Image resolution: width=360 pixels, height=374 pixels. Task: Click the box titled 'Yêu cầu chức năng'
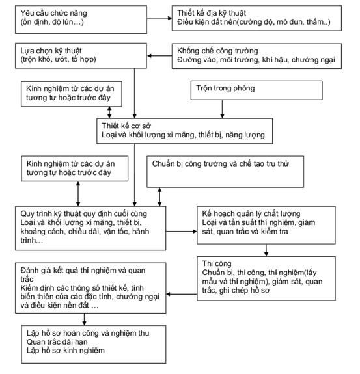[81, 20]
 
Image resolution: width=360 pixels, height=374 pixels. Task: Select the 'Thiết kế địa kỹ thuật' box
[256, 18]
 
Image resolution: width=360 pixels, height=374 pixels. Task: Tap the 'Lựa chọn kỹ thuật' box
[81, 56]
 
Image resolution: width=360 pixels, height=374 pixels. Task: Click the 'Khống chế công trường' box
[256, 56]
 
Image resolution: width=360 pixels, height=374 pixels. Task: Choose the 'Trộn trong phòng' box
[256, 90]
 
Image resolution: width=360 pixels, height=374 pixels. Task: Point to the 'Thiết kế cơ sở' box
[184, 131]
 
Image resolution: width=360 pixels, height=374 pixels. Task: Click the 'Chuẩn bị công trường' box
[225, 172]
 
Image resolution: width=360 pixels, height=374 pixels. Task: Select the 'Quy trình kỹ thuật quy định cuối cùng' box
[90, 228]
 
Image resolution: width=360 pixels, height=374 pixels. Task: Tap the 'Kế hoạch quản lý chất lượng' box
[266, 225]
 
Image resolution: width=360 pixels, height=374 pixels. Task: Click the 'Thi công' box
[266, 278]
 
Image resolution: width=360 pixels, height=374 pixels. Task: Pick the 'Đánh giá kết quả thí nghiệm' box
[90, 288]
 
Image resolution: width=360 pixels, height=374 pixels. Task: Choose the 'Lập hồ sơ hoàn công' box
[94, 345]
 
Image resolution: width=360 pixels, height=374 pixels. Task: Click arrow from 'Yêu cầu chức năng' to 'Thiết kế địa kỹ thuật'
[159, 18]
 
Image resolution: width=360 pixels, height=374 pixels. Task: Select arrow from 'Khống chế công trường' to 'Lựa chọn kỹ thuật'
[159, 56]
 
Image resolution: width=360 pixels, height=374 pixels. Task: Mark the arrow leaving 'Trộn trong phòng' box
[222, 109]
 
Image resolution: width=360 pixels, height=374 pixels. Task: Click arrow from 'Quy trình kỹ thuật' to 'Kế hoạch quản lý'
[182, 232]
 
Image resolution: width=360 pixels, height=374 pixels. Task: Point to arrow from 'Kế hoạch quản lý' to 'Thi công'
[266, 250]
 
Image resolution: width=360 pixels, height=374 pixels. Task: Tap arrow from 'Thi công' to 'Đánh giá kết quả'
[182, 294]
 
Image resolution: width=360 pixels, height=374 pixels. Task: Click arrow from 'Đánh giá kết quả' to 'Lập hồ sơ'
[84, 319]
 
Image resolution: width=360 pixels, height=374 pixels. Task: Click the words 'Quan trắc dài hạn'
[57, 341]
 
